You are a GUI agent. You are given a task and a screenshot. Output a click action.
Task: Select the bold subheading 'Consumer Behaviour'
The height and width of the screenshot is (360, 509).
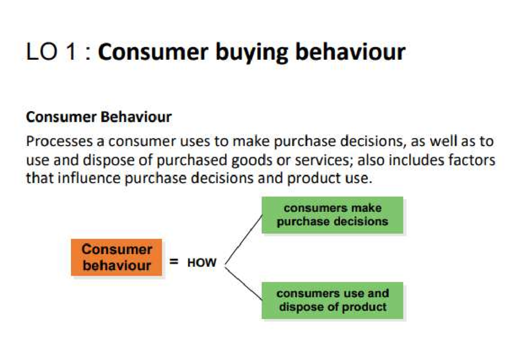(x=99, y=117)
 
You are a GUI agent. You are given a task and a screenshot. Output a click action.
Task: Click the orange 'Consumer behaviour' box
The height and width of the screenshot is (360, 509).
(x=117, y=257)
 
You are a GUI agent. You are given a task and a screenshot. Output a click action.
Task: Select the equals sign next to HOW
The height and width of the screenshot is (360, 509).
(x=174, y=262)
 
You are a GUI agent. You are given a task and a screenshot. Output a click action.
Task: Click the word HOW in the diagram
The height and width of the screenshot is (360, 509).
(x=202, y=263)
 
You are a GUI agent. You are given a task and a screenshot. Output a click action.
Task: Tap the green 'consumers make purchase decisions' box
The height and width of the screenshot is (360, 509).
(x=332, y=215)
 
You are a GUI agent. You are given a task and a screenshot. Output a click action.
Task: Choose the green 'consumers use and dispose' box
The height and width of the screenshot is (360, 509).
(x=332, y=300)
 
